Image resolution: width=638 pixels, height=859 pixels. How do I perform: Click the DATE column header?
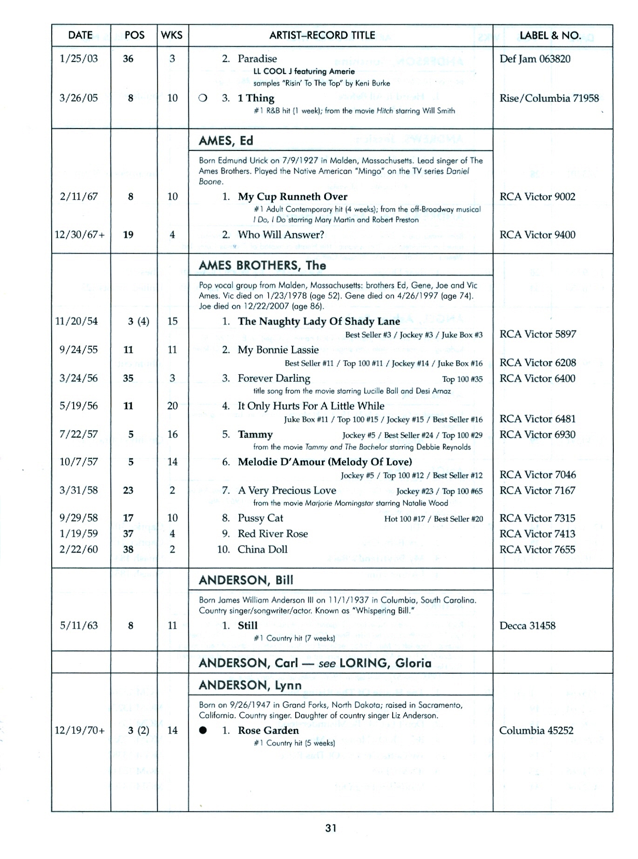[80, 35]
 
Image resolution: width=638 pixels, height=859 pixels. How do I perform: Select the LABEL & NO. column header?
[550, 35]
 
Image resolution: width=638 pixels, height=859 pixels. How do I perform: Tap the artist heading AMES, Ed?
[226, 141]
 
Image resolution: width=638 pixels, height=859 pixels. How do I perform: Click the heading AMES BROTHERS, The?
[262, 265]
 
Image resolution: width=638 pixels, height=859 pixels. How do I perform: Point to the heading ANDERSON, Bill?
[246, 580]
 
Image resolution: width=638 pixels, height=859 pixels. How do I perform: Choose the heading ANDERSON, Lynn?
[250, 685]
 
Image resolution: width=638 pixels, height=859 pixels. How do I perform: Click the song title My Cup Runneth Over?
[292, 196]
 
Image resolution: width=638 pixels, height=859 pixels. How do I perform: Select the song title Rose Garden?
[268, 730]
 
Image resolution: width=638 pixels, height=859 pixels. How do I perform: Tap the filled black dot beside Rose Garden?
[203, 730]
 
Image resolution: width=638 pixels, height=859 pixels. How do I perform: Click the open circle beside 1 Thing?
[203, 98]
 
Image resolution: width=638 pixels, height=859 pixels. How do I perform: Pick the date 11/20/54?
[76, 321]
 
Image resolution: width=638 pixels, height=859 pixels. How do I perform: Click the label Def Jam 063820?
[535, 59]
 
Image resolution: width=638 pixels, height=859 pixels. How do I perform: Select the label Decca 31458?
[527, 626]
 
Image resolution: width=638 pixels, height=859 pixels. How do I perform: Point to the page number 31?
[331, 828]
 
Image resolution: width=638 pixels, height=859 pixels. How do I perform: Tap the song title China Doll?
[262, 549]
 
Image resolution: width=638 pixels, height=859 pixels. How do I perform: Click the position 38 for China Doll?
[128, 549]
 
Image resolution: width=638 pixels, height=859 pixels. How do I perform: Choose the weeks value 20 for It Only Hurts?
[172, 406]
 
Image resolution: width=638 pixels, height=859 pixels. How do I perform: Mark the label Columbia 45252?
[536, 730]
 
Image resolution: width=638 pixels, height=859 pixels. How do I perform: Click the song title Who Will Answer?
[281, 235]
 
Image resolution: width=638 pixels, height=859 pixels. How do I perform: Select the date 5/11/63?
[79, 626]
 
